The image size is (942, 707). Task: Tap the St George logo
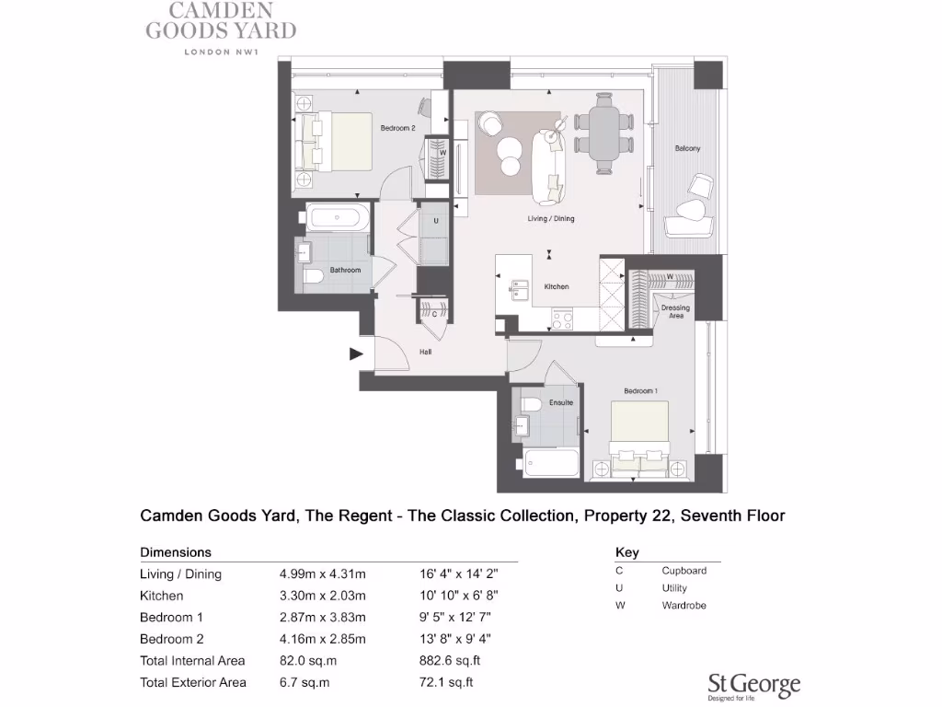(x=753, y=685)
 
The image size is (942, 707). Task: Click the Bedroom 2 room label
(x=398, y=128)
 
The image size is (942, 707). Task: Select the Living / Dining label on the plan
(x=550, y=218)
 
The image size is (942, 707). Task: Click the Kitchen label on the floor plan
(x=557, y=286)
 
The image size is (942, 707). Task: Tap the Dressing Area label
(x=675, y=312)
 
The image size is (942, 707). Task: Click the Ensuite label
(x=560, y=402)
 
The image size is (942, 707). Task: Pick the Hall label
(x=426, y=352)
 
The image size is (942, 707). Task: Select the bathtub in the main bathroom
(x=339, y=218)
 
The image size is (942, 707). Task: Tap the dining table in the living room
(x=603, y=133)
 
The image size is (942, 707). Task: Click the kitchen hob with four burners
(x=561, y=319)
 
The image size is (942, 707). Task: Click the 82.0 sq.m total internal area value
(x=304, y=660)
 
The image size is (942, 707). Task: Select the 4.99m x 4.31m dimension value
(x=323, y=574)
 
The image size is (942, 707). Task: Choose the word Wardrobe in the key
(x=684, y=606)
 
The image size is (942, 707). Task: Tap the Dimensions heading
(x=176, y=552)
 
